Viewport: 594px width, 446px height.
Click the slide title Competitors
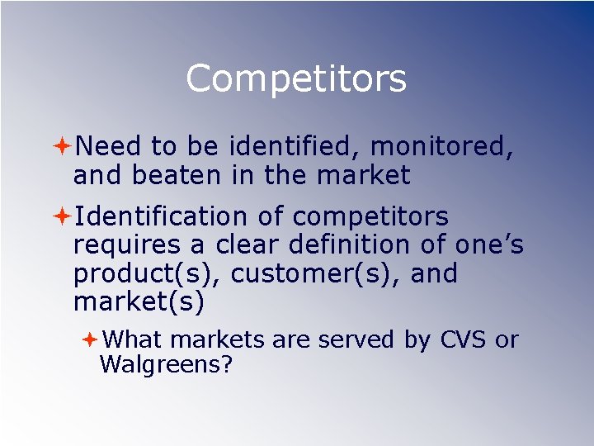pyautogui.click(x=296, y=79)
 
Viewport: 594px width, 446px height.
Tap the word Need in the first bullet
pyautogui.click(x=108, y=146)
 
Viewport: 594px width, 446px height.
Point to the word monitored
pyautogui.click(x=442, y=146)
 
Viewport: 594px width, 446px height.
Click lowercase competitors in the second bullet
pyautogui.click(x=370, y=216)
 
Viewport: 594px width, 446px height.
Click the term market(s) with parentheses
pyautogui.click(x=139, y=302)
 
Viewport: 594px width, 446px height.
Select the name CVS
pyautogui.click(x=464, y=339)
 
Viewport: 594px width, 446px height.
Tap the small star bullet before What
pyautogui.click(x=90, y=339)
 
